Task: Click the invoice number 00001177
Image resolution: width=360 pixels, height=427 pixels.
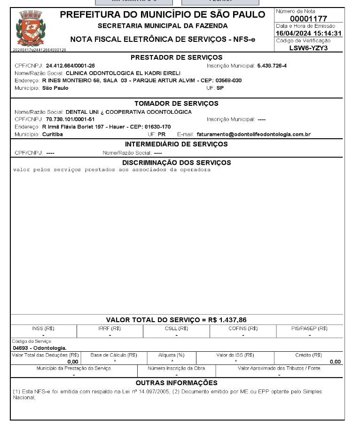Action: [x=308, y=18]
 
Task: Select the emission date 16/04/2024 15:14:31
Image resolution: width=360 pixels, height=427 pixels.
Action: [x=308, y=33]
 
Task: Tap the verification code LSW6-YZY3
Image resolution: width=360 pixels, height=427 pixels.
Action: [x=308, y=47]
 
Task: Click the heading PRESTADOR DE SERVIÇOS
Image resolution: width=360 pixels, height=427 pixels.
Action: [x=176, y=57]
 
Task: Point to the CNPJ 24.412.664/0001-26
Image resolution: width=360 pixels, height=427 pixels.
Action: [x=70, y=66]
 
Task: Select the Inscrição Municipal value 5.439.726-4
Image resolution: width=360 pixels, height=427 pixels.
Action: [x=272, y=66]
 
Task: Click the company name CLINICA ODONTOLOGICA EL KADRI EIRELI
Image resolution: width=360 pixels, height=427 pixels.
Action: [x=123, y=73]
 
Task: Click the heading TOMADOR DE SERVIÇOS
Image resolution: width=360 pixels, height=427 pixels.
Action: [x=176, y=103]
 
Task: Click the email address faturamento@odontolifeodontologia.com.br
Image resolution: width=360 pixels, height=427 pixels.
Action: [x=253, y=134]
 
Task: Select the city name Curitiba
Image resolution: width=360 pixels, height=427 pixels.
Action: [x=53, y=134]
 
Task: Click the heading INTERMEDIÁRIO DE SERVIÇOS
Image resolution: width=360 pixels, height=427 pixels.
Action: [x=176, y=144]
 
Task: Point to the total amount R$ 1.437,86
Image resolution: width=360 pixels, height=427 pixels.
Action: [x=227, y=320]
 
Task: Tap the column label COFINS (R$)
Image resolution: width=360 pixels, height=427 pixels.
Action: [x=243, y=328]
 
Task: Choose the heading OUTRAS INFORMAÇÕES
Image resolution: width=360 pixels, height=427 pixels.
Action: [x=176, y=383]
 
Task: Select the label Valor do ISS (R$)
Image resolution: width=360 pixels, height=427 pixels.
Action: [x=235, y=355]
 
